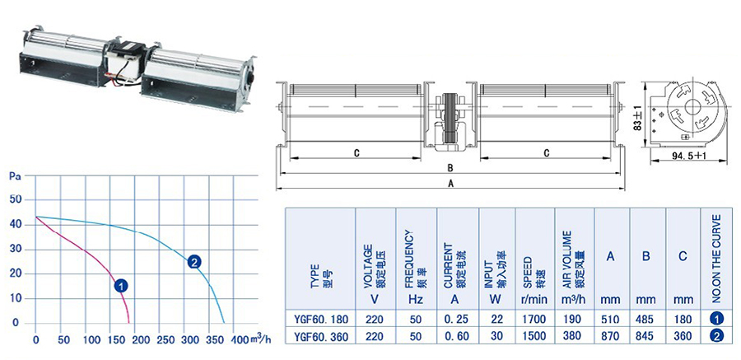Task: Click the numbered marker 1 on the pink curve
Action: click(x=122, y=286)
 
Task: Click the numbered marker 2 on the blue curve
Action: click(x=194, y=262)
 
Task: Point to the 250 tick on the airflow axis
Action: click(x=159, y=339)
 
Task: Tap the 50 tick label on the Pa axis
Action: click(x=16, y=199)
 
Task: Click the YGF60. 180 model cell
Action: click(x=319, y=319)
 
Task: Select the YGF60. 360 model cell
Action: click(x=319, y=336)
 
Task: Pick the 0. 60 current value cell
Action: click(x=457, y=336)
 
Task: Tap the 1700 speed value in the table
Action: click(x=534, y=319)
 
